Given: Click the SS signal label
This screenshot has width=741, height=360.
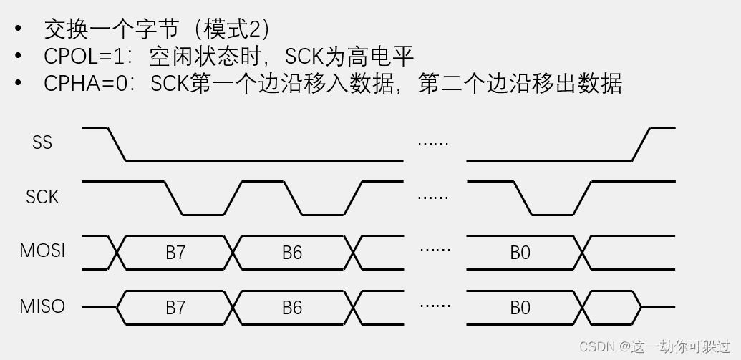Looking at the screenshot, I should point(42,142).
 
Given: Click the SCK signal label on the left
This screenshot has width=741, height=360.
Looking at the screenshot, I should point(42,197).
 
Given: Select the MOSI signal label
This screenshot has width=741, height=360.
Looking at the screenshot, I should point(42,251).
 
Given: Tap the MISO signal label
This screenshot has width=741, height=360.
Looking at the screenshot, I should point(42,306).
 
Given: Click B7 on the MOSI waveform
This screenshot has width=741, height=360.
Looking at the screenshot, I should point(175,253).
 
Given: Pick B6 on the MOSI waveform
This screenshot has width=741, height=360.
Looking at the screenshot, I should point(292,253).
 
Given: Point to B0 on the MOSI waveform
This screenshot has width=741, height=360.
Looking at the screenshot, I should point(520,253).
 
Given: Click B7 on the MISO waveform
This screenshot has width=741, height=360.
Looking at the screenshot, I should point(175,308).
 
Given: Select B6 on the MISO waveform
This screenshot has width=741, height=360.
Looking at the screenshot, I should point(292,308).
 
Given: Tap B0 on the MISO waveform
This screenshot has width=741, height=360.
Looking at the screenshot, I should point(520,308).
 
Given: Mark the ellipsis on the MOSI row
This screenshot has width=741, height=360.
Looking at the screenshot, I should point(435,250).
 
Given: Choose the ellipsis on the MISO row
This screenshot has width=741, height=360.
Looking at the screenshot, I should point(435,306).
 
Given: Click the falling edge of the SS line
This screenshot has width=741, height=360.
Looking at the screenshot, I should point(117,145).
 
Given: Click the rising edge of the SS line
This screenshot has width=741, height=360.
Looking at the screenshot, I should point(641,145).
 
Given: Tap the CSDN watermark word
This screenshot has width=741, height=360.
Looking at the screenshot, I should point(597,346).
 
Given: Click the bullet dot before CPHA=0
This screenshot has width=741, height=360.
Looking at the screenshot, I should point(19,84).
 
